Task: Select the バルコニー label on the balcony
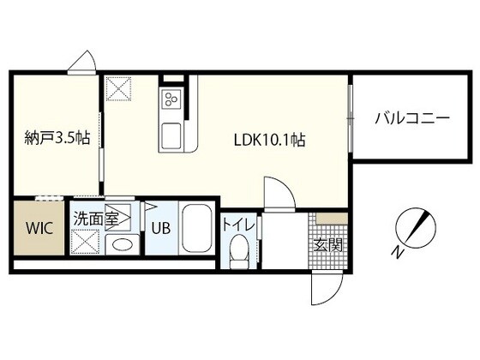tap(411, 119)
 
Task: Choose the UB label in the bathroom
tap(161, 229)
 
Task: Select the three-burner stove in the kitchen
tap(171, 99)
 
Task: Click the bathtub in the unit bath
tap(199, 229)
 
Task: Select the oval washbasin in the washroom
tap(123, 244)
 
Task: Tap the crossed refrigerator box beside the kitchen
tap(118, 87)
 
